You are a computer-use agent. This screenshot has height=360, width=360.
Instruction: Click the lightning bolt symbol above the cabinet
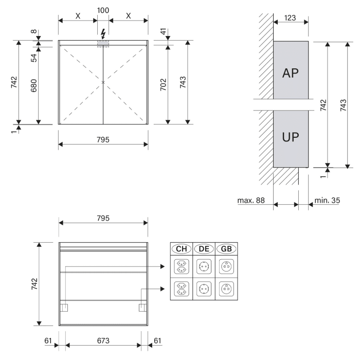104,33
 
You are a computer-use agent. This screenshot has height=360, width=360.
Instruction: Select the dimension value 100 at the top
103,11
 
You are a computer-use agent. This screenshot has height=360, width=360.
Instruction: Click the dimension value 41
163,32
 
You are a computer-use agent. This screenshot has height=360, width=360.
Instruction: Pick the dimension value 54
34,57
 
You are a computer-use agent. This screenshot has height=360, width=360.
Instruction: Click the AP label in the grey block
291,73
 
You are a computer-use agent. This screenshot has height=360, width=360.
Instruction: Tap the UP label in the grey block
291,138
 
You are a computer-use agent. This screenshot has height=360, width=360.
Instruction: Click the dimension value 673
103,340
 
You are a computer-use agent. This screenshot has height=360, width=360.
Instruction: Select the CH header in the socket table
182,249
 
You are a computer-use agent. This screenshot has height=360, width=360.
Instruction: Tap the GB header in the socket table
226,249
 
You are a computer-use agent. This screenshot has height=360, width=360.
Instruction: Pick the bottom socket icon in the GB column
226,288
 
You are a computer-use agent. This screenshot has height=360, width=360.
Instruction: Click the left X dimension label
78,15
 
